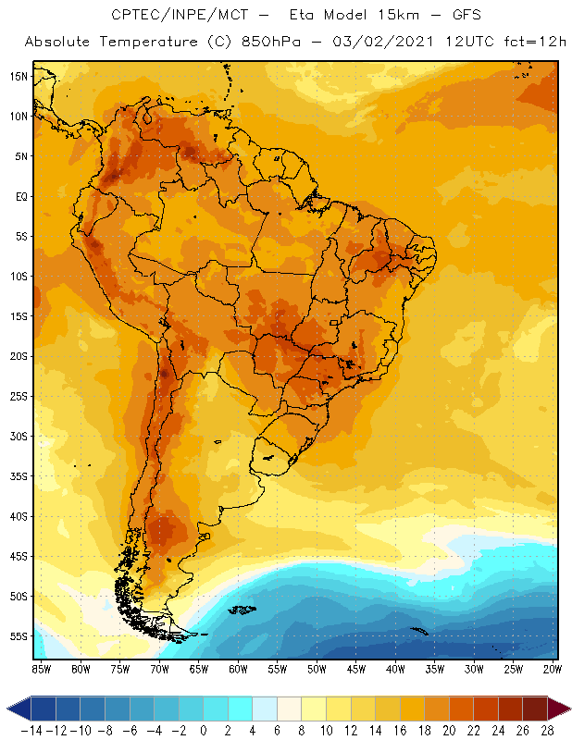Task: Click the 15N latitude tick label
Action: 19,76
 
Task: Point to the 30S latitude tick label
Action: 19,436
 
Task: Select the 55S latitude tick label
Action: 19,636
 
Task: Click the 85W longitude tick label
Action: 42,669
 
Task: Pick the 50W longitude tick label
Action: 317,669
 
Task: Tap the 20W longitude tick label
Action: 553,669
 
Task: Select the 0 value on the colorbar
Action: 204,731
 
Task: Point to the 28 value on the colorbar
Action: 546,731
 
